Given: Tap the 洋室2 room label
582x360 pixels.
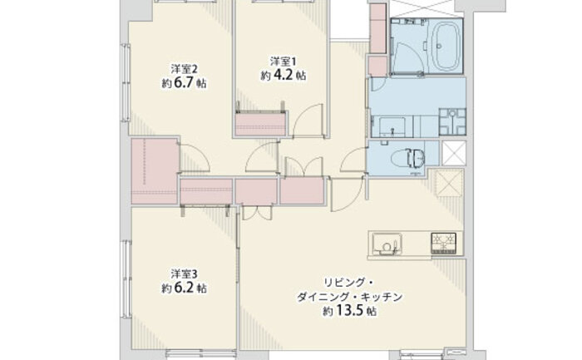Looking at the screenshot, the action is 184,69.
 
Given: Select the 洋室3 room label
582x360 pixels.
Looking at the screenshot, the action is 184,274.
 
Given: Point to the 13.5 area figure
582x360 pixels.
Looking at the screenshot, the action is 349,310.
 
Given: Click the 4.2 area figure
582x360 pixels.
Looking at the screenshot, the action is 284,75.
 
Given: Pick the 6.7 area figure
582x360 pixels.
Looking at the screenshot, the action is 184,83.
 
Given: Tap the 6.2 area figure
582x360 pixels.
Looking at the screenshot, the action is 184,288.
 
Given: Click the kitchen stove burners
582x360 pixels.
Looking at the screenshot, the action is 443,243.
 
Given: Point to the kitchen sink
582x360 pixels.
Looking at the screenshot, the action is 387,244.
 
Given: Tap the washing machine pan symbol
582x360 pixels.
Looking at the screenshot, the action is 452,121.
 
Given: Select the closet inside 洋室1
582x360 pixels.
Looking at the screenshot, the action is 260,124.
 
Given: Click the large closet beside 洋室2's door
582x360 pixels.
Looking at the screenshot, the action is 155,171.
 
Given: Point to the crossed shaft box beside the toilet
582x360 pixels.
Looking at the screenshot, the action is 454,153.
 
